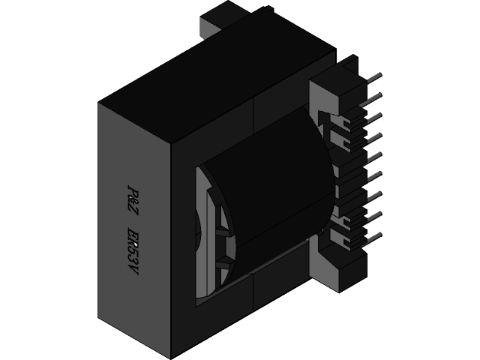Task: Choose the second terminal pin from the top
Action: [x=373, y=97]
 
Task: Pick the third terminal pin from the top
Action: [x=373, y=117]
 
